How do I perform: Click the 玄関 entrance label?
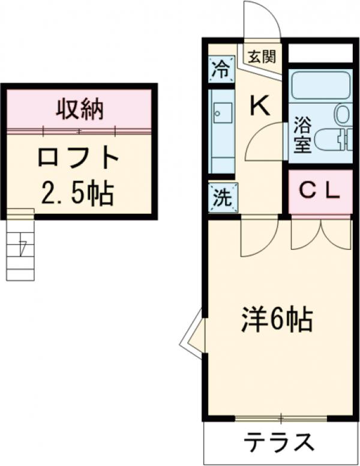tap(262, 58)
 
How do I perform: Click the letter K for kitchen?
tap(259, 106)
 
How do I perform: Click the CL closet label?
tap(320, 192)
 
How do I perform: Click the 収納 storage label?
tap(80, 109)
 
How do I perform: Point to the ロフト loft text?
tap(79, 157)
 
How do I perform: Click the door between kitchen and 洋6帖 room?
tap(258, 237)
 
